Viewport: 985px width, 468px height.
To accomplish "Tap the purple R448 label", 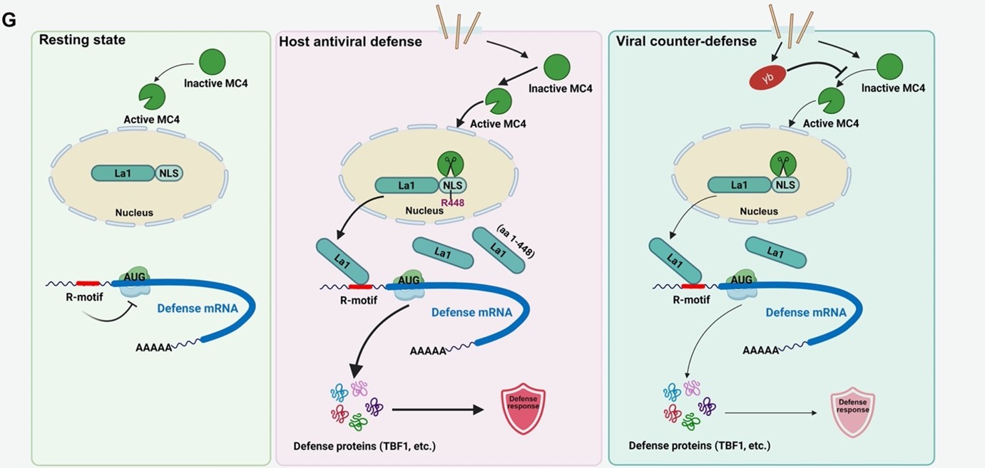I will click(x=452, y=203).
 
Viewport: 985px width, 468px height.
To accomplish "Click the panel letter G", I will click(x=9, y=21).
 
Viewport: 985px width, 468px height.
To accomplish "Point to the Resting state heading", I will click(x=82, y=40).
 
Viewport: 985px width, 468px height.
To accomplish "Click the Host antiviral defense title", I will click(x=350, y=41).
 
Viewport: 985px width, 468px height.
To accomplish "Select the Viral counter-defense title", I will click(x=686, y=41).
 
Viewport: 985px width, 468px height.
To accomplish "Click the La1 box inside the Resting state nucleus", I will click(x=123, y=172).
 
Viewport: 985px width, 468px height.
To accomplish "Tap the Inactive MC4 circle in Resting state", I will click(x=211, y=62).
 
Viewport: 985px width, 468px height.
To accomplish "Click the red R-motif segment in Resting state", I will click(x=88, y=284).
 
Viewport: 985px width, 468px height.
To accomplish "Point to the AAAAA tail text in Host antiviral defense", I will click(x=428, y=350).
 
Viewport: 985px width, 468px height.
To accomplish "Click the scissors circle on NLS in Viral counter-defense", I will click(x=784, y=165).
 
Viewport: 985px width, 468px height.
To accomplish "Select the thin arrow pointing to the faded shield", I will click(x=770, y=412).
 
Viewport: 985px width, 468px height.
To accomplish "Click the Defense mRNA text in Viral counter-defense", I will click(x=806, y=312).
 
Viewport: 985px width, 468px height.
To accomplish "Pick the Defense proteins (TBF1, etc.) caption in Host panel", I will click(x=364, y=447).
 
